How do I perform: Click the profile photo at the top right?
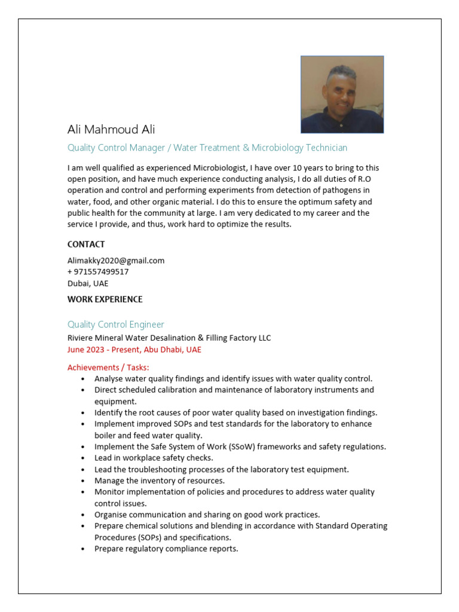(342, 94)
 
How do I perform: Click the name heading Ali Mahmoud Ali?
(111, 130)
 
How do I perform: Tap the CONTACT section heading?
(86, 244)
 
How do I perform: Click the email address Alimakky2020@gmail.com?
(116, 261)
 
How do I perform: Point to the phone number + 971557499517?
(98, 272)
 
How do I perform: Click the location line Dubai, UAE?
(88, 283)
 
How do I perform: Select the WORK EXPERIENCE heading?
(105, 299)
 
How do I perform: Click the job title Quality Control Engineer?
(115, 325)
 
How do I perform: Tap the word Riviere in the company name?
(81, 338)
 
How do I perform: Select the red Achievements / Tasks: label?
(108, 367)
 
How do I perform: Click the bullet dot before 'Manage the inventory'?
(82, 481)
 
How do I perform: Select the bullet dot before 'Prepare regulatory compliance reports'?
(82, 549)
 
